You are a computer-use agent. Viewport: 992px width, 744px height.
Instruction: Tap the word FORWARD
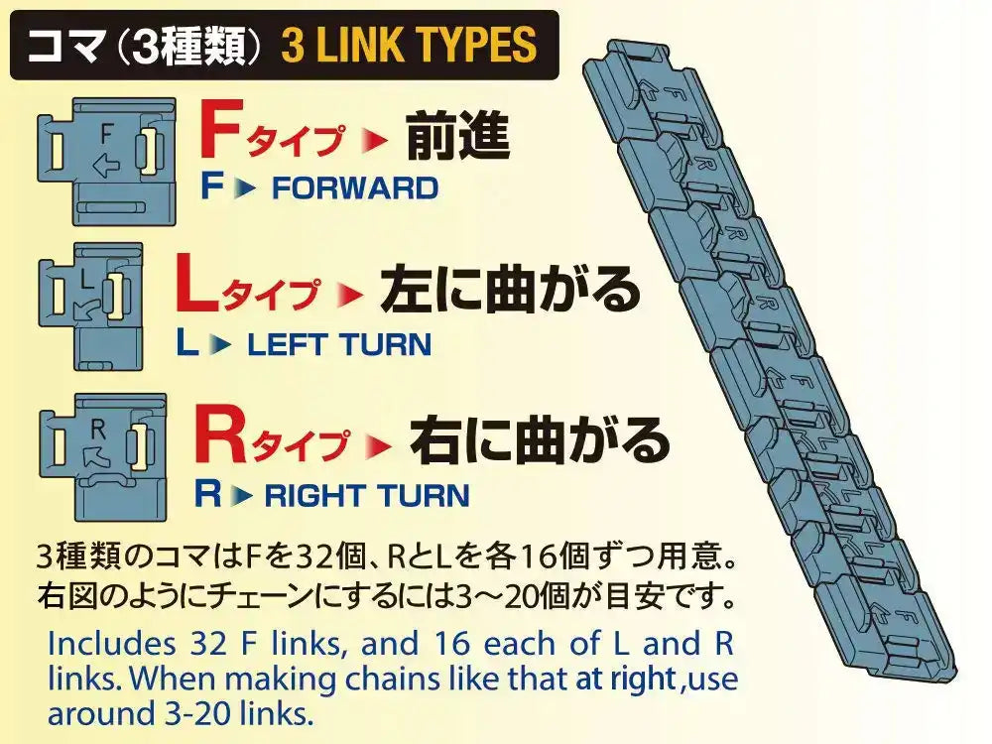click(x=354, y=187)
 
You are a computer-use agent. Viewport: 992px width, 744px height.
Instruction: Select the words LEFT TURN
click(x=339, y=344)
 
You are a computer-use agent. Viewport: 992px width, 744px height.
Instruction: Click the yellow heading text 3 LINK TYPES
click(x=409, y=46)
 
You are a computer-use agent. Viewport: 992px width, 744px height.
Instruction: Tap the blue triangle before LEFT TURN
click(x=222, y=345)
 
